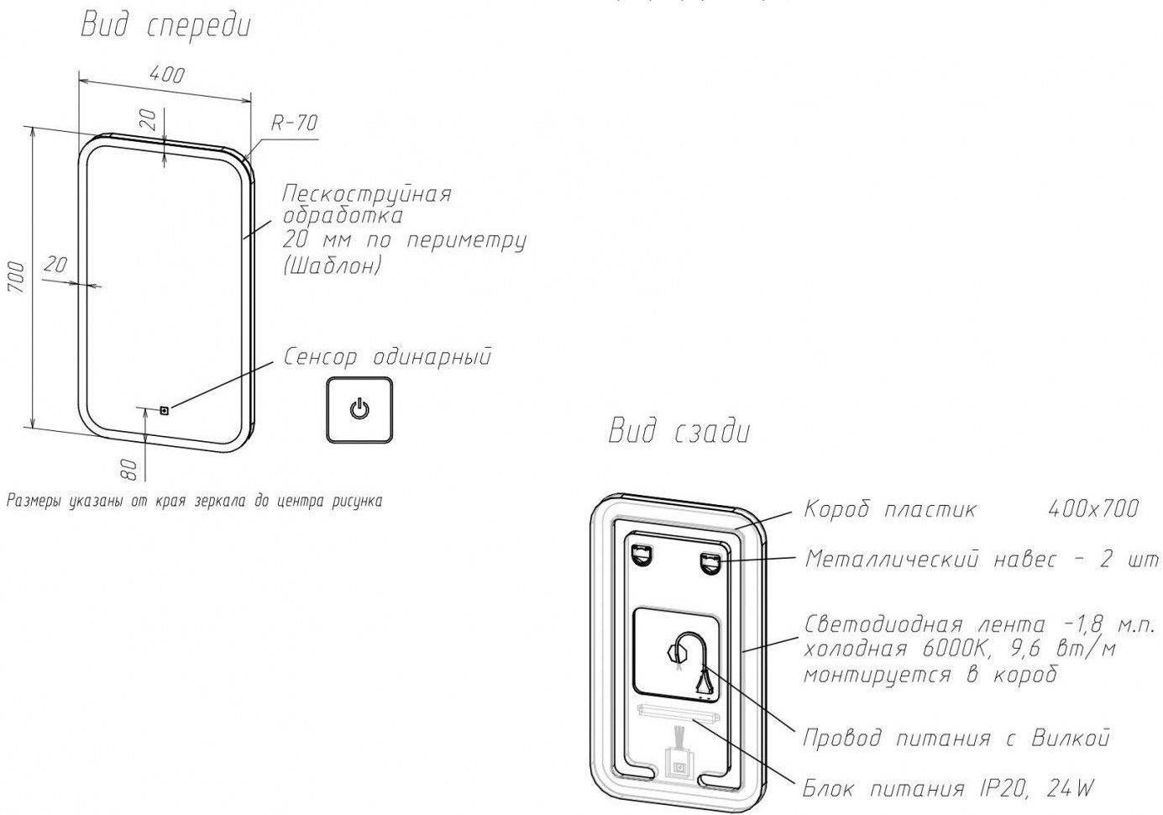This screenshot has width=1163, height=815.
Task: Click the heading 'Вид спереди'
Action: click(165, 26)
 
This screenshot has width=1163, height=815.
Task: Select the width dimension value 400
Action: click(166, 74)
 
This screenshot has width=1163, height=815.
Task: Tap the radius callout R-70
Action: click(294, 123)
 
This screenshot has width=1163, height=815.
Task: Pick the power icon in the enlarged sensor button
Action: click(359, 410)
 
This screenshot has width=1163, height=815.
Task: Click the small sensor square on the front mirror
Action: click(165, 411)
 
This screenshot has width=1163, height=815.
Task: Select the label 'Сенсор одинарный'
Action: click(387, 357)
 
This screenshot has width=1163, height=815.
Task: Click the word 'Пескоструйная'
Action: click(367, 193)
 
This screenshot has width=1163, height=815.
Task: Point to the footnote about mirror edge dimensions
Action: click(194, 502)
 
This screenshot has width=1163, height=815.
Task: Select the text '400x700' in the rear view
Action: click(1093, 508)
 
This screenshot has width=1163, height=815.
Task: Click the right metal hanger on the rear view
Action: click(712, 560)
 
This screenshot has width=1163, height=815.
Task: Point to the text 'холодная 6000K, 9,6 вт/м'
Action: click(959, 649)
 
